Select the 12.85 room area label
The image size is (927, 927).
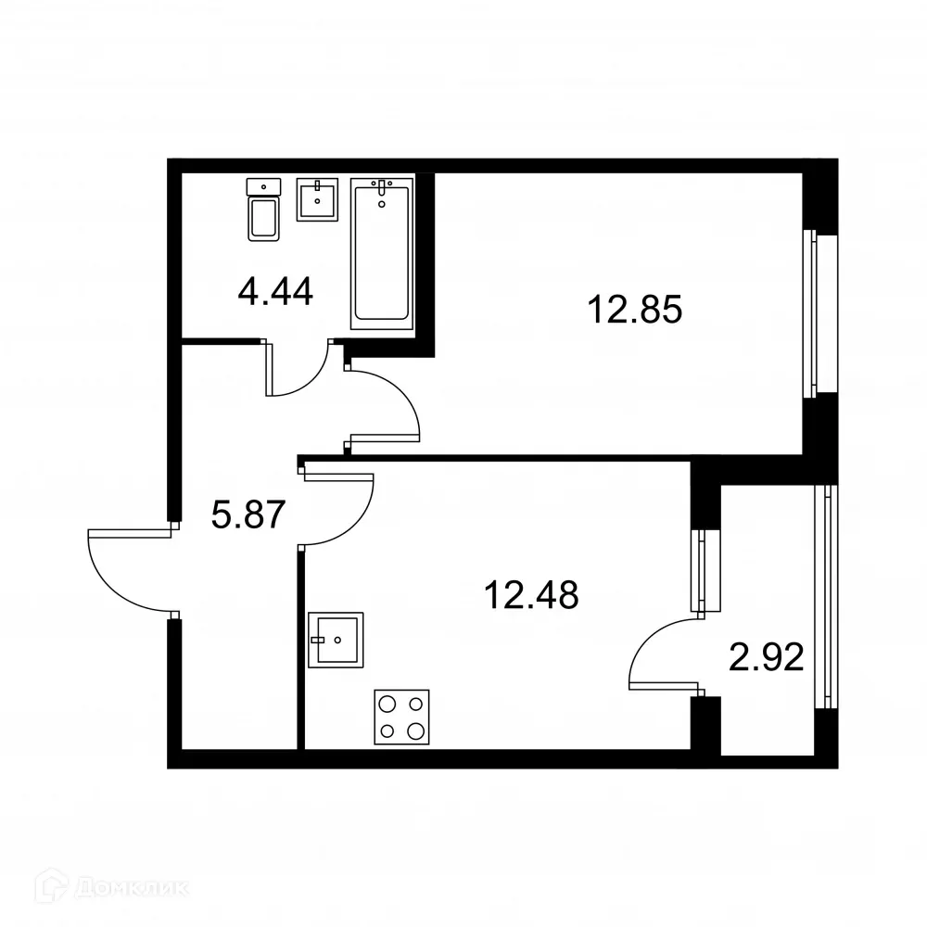[635, 309]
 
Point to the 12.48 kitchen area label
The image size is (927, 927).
[531, 594]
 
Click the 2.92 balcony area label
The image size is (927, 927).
[765, 661]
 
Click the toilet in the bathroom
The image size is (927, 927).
[263, 211]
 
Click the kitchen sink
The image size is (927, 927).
[336, 640]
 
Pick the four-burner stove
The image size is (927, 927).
[401, 717]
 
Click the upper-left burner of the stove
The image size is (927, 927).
[387, 703]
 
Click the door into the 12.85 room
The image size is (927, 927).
[385, 403]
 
